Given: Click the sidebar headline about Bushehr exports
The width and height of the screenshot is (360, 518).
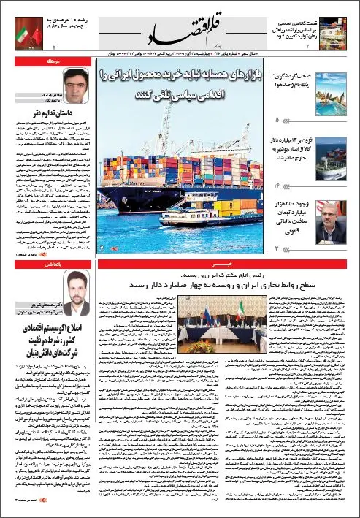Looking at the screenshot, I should tap(294, 145).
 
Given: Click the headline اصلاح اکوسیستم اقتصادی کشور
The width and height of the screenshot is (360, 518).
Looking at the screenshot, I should tap(49, 351).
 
